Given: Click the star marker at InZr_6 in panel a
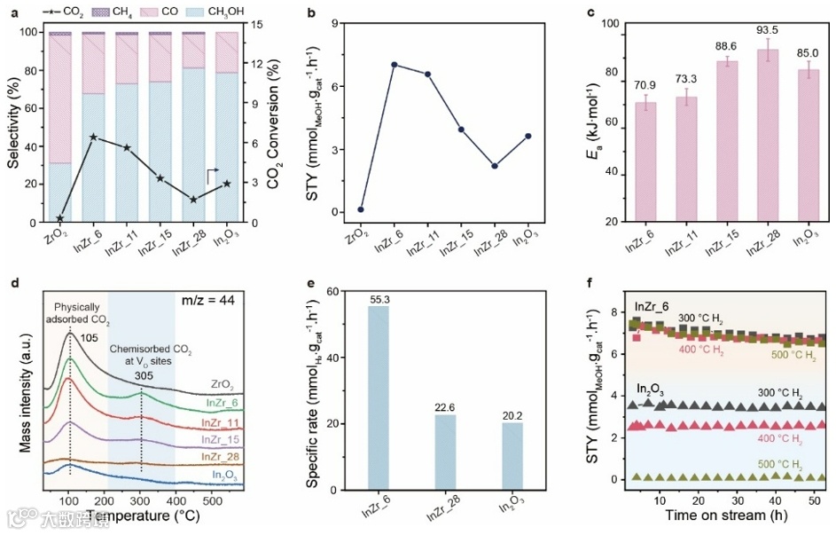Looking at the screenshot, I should click(x=93, y=137).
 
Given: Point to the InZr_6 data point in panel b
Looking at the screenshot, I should click(x=394, y=65).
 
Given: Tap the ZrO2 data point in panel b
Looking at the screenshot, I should click(x=361, y=209).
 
